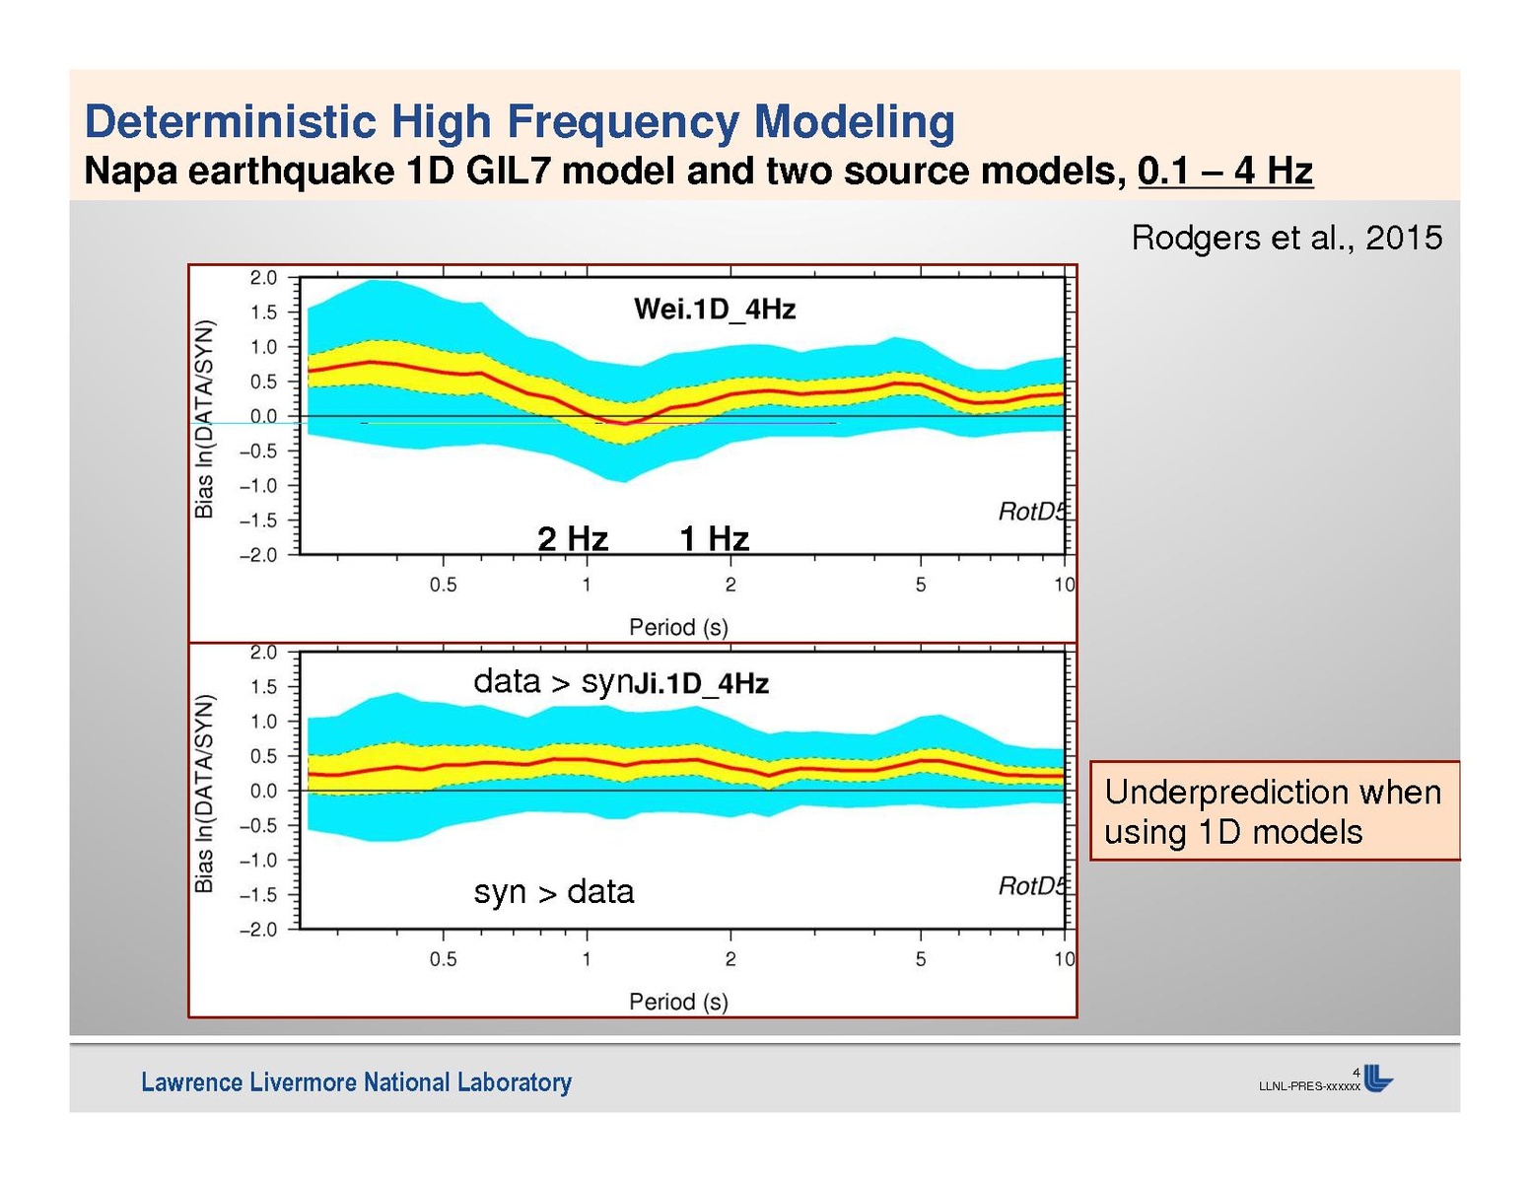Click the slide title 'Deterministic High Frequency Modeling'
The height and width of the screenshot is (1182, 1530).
(x=520, y=122)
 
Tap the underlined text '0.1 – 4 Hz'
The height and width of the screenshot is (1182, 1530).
(x=1224, y=172)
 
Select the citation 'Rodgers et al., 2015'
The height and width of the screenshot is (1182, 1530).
(x=1287, y=238)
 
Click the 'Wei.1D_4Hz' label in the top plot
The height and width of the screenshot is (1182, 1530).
(x=715, y=310)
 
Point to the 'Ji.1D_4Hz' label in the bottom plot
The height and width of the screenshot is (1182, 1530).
(x=701, y=684)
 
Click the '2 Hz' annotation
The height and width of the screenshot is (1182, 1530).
(x=573, y=539)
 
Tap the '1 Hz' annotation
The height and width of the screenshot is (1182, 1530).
(x=715, y=539)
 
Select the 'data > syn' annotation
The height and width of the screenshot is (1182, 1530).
(x=550, y=681)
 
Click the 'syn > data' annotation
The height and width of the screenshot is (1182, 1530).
(x=553, y=892)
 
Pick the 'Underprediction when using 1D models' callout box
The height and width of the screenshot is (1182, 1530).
(x=1274, y=811)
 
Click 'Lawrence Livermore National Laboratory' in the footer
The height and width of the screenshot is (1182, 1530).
(x=356, y=1082)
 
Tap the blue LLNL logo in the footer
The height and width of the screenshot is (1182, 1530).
(x=1378, y=1079)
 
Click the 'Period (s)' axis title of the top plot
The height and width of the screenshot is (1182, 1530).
(x=678, y=627)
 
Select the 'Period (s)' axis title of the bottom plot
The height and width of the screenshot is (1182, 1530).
(x=678, y=1002)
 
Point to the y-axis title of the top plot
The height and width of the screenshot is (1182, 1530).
(x=204, y=418)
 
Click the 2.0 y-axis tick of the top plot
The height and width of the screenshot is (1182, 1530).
(x=263, y=278)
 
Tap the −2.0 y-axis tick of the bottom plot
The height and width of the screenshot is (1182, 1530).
(x=259, y=930)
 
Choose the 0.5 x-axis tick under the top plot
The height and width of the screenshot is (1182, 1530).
(x=443, y=585)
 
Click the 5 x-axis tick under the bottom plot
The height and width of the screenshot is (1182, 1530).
(x=921, y=959)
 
